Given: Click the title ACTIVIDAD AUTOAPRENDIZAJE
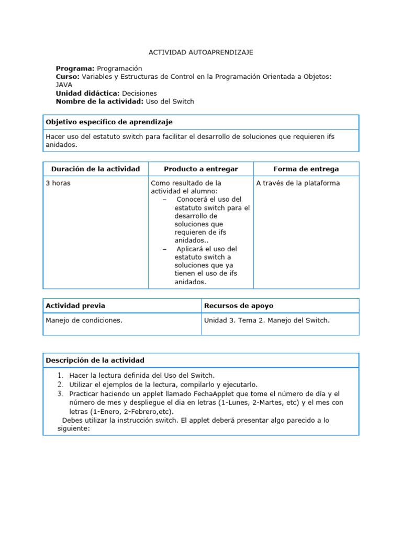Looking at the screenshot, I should click(201, 53).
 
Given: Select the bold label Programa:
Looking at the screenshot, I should click(75, 68).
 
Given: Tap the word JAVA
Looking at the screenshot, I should click(64, 85).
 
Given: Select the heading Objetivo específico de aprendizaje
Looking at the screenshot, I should click(109, 122).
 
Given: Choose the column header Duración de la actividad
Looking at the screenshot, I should click(95, 169).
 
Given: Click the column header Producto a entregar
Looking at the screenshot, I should click(201, 169).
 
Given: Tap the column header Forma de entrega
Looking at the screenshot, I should click(306, 169).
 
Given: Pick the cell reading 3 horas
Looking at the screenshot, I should click(58, 183).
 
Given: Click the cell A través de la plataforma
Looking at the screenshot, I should click(298, 183).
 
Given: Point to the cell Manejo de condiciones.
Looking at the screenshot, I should click(84, 320).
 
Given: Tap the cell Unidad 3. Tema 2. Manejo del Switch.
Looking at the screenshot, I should click(267, 320).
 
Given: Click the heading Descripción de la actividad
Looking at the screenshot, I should click(95, 360).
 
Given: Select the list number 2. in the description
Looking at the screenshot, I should click(61, 384).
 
